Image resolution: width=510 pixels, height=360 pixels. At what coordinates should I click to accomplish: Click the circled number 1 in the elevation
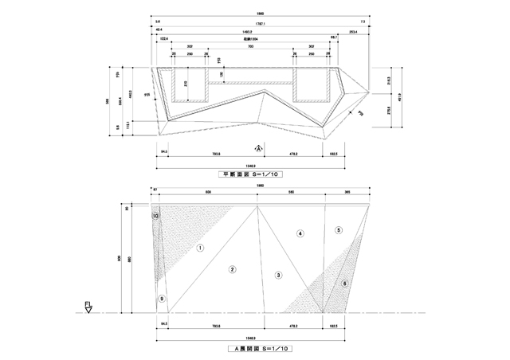(201, 248)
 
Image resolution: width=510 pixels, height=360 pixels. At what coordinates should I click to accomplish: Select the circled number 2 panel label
(232, 269)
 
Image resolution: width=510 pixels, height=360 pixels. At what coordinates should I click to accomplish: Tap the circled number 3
(278, 275)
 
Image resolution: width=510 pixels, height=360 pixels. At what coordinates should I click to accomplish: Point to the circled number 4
(300, 233)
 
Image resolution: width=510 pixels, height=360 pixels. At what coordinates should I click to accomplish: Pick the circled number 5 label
(339, 230)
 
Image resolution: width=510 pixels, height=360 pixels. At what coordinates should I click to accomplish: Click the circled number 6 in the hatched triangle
(344, 284)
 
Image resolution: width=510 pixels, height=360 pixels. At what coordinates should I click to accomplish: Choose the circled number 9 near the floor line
(162, 299)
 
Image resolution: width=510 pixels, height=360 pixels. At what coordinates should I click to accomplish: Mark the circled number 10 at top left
(156, 216)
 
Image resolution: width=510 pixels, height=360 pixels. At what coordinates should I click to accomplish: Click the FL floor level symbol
(88, 306)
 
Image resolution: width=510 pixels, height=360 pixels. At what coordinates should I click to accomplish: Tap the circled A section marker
(259, 148)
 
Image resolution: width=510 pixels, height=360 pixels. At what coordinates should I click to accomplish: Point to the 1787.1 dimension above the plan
(259, 24)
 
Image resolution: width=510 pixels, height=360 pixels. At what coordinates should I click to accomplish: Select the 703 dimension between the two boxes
(250, 47)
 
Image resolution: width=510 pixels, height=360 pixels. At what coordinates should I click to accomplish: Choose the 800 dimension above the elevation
(208, 193)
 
